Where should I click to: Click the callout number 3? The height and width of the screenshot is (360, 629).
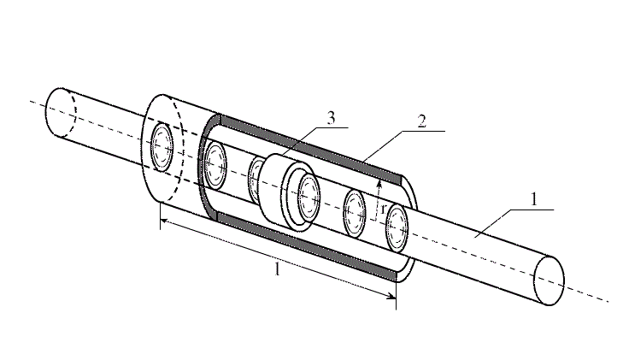click(331, 119)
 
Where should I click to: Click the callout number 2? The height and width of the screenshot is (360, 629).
click(421, 121)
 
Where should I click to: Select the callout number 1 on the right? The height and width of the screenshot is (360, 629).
click(534, 199)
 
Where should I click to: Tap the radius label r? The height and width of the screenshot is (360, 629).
click(384, 209)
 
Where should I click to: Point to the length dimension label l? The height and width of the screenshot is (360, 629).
click(276, 269)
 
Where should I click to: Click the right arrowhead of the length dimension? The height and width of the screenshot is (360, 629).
click(392, 296)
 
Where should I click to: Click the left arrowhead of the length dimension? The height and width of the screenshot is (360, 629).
click(164, 221)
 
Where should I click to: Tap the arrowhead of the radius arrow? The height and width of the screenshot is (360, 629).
click(379, 184)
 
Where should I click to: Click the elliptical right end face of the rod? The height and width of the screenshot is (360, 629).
click(550, 280)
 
